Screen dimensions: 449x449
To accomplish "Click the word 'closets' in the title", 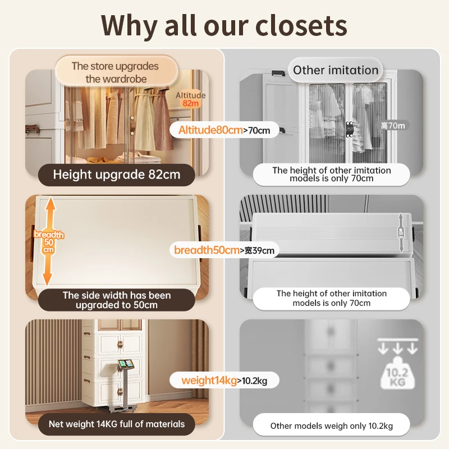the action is (x=301, y=25).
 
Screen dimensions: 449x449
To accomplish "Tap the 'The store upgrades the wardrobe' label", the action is (x=115, y=72).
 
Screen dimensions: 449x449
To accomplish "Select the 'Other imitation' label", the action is (x=336, y=70).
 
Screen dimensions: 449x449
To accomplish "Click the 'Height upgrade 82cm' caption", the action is (x=117, y=174).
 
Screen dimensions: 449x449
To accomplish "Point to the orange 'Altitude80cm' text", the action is (x=210, y=130).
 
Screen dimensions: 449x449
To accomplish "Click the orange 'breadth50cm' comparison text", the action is (x=207, y=250).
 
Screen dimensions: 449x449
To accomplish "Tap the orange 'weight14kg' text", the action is (x=209, y=381).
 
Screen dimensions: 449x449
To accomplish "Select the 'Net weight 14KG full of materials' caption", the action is (x=117, y=424).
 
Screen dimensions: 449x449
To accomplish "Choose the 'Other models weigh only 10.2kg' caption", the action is (x=331, y=425).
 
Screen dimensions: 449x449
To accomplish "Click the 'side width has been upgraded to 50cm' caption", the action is (x=117, y=300).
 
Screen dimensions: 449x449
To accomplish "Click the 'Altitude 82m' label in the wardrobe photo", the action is (x=191, y=99).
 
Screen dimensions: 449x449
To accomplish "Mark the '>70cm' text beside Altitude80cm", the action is (x=257, y=131).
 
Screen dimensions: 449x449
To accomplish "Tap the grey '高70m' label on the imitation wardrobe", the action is (x=392, y=126).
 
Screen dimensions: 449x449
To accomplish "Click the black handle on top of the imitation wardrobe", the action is (x=277, y=72).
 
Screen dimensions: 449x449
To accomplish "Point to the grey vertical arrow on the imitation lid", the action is (x=401, y=232).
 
